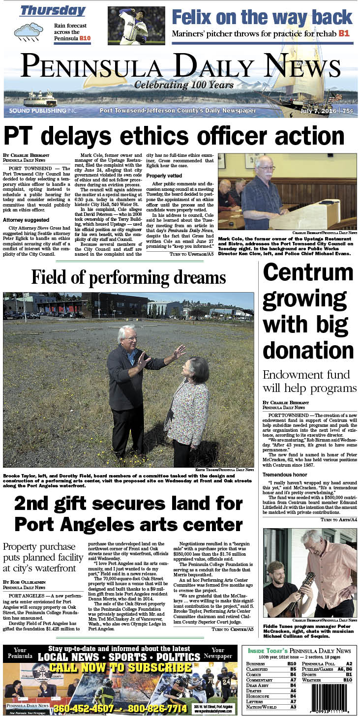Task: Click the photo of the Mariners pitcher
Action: (136, 26)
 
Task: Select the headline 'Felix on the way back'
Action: (262, 17)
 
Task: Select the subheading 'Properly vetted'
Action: (164, 176)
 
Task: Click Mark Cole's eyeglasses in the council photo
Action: (267, 168)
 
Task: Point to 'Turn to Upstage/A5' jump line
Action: (191, 254)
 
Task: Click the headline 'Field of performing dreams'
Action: (128, 278)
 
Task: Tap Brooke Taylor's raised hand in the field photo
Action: (179, 351)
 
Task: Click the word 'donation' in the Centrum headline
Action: (308, 351)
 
